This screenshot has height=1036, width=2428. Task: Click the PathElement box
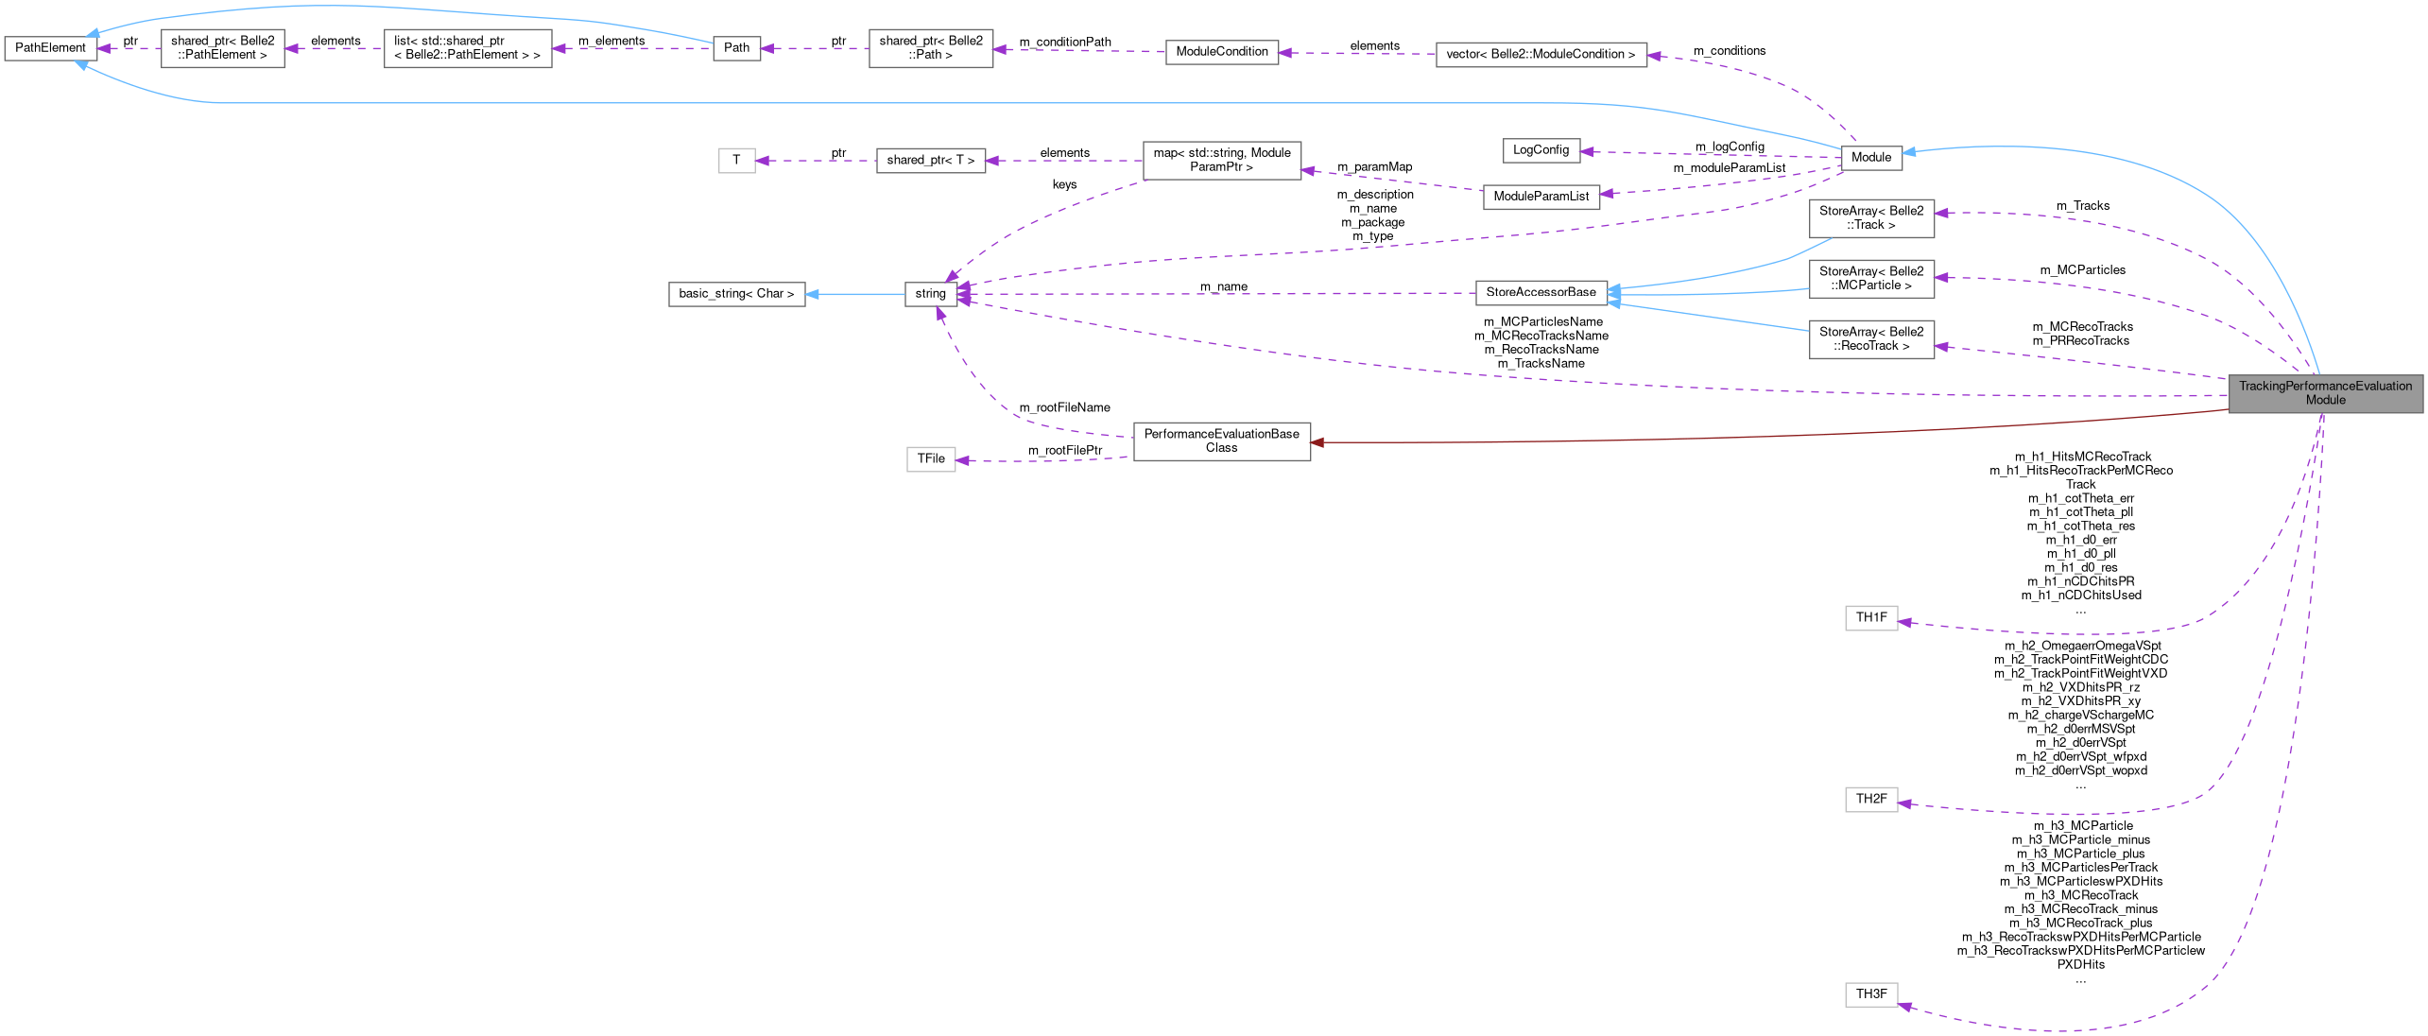50,48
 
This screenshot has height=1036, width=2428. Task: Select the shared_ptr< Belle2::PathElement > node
222,48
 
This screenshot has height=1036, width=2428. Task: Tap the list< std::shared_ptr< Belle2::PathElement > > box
467,48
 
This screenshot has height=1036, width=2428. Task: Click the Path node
736,48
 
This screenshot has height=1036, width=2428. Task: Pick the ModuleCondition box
1221,52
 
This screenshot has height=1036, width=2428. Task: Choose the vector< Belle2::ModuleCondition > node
1541,55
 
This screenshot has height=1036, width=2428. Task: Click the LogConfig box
1541,150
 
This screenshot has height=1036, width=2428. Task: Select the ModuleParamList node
1541,197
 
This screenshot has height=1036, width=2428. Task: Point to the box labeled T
736,161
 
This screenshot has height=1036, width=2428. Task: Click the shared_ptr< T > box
930,161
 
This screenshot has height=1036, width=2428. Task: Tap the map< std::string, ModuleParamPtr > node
1221,160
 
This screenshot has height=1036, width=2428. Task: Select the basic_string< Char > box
736,294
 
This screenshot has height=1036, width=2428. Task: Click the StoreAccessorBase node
1541,293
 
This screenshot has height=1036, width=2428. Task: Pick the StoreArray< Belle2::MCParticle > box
1870,279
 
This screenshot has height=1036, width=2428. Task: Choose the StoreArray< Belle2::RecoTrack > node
1870,339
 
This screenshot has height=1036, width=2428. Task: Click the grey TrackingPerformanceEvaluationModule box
2325,393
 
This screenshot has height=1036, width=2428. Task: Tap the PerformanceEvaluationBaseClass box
1221,441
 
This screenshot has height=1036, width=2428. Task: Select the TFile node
930,459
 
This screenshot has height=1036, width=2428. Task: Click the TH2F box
1870,800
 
